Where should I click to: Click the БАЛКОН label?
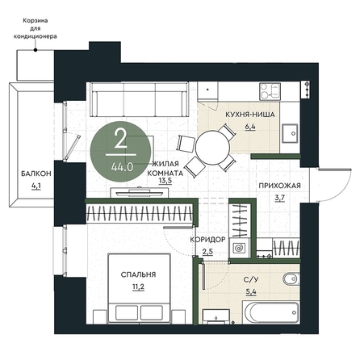[36, 174]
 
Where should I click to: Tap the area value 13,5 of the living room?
[165, 181]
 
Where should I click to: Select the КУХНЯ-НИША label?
[250, 115]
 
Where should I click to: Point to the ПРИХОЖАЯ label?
[279, 186]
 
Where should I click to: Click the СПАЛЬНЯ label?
[138, 274]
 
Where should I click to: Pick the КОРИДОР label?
[207, 240]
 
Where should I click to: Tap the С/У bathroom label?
[251, 280]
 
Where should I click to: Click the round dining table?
[212, 147]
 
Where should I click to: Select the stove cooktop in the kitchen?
[270, 91]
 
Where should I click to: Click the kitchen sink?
[290, 133]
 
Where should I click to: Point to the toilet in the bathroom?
[291, 278]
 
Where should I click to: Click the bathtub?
[271, 312]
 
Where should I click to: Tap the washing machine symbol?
[239, 248]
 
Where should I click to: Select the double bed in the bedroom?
[140, 288]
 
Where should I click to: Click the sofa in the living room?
[140, 99]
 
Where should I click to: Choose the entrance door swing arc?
[339, 188]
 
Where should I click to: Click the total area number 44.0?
[122, 168]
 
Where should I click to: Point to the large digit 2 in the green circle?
[121, 138]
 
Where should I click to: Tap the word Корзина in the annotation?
[36, 21]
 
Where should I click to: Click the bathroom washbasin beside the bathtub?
[216, 316]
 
